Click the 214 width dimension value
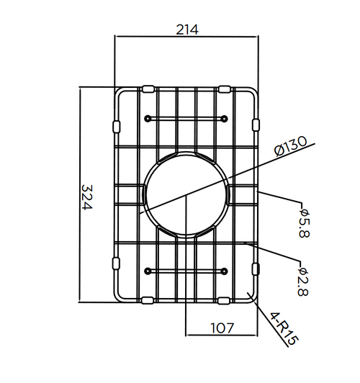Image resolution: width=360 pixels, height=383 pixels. pos(186,30)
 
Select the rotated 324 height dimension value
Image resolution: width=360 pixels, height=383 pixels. pos(87,197)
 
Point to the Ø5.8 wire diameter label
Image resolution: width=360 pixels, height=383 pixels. pos(304,224)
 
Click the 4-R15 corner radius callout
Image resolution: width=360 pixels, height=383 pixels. pos(282,328)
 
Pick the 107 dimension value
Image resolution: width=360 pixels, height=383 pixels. pos(222,328)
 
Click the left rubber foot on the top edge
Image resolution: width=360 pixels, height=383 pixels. pos(148,89)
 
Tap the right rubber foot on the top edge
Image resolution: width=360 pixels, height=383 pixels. pos(224,89)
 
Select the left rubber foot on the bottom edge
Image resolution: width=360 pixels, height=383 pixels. pos(148,299)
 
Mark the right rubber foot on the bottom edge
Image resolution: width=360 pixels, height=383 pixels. pos(224,299)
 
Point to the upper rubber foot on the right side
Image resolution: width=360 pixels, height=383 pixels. pos(256,126)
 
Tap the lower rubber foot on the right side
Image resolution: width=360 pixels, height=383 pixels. pos(256,268)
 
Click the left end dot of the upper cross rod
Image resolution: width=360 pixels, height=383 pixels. pos(148,117)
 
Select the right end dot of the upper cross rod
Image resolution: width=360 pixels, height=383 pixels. pos(225,117)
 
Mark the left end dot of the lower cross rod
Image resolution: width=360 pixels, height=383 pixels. pos(148,271)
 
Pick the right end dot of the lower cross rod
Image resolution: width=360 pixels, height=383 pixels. pos(225,271)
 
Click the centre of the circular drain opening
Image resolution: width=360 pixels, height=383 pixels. pos(186,194)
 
